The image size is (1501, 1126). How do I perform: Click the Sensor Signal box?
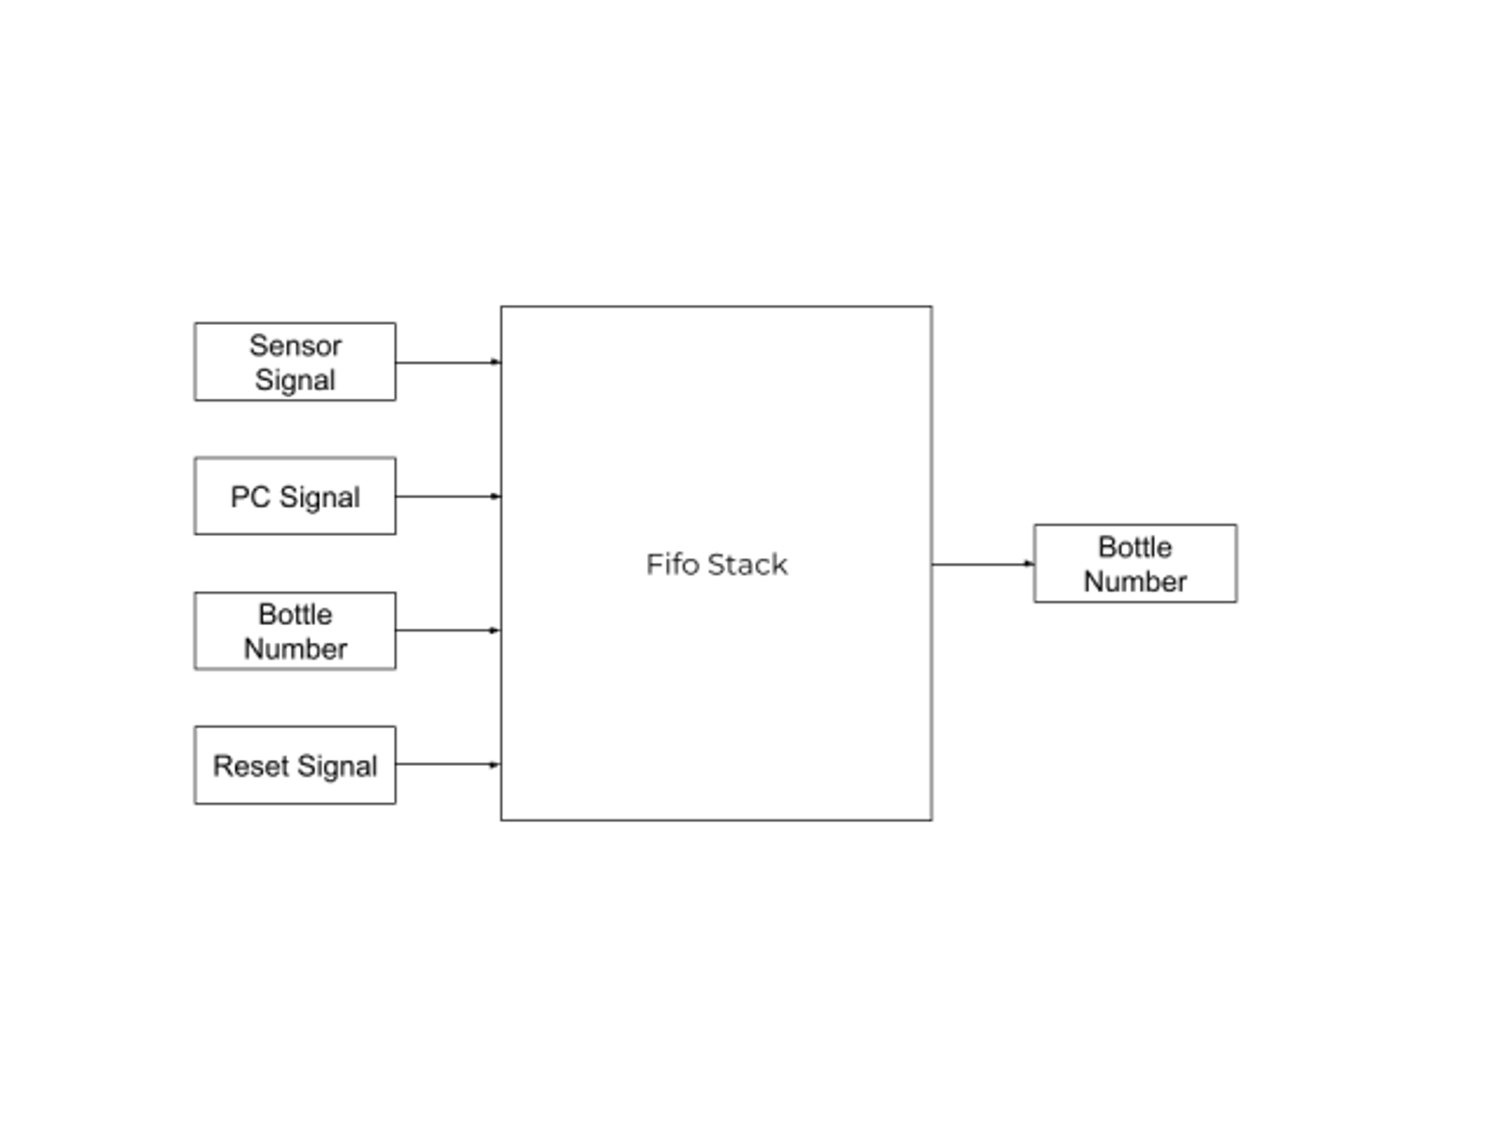[x=295, y=362]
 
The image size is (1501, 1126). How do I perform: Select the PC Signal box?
[x=295, y=496]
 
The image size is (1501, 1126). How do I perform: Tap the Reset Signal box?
[x=295, y=766]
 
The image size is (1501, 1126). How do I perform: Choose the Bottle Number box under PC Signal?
[x=295, y=631]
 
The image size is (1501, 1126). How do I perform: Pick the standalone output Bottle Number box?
[x=1135, y=564]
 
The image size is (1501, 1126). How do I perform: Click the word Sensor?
[x=296, y=346]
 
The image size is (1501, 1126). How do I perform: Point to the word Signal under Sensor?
[x=296, y=380]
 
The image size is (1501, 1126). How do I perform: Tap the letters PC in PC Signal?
[x=250, y=497]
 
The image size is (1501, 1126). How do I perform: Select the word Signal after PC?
[x=320, y=497]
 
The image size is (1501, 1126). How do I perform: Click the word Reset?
[x=250, y=767]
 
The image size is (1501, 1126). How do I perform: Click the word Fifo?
[x=673, y=564]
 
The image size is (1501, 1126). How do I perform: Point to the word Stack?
[x=748, y=564]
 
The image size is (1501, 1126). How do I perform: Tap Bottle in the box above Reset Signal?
[x=296, y=615]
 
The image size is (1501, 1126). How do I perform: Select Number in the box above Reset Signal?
[x=296, y=648]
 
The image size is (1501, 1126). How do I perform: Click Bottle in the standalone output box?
[x=1135, y=547]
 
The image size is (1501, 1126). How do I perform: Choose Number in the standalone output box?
[x=1135, y=582]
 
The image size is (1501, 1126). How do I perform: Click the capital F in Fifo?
[x=653, y=564]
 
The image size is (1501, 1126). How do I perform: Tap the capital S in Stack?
[x=716, y=564]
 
